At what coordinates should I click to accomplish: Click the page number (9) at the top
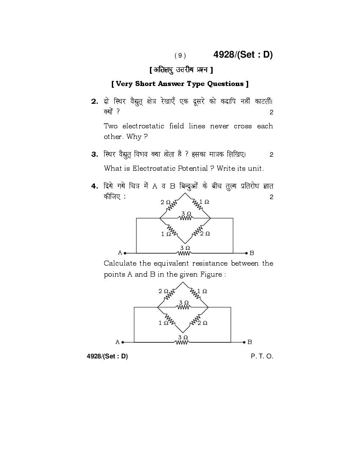pyautogui.click(x=180, y=55)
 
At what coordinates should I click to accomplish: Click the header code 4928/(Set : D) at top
pyautogui.click(x=243, y=55)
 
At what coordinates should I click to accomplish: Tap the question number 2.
pyautogui.click(x=94, y=102)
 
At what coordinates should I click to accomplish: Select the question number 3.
pyautogui.click(x=94, y=155)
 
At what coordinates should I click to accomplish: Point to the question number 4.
pyautogui.click(x=94, y=186)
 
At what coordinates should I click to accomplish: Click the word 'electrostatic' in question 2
pyautogui.click(x=143, y=126)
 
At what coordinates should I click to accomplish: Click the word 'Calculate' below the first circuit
pyautogui.click(x=120, y=264)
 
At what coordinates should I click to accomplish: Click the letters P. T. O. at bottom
pyautogui.click(x=262, y=356)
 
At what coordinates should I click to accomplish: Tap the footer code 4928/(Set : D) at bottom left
pyautogui.click(x=107, y=356)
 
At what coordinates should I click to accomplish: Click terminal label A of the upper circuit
pyautogui.click(x=120, y=252)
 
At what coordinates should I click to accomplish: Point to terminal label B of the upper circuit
pyautogui.click(x=252, y=253)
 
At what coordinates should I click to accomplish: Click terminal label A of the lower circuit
pyautogui.click(x=118, y=342)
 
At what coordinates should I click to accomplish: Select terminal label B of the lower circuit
pyautogui.click(x=249, y=342)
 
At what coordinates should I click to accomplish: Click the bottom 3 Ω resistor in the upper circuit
pyautogui.click(x=185, y=253)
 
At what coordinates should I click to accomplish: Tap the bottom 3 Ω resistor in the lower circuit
pyautogui.click(x=182, y=342)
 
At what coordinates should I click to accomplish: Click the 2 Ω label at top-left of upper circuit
pyautogui.click(x=166, y=202)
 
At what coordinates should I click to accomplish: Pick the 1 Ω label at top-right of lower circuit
pyautogui.click(x=202, y=291)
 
